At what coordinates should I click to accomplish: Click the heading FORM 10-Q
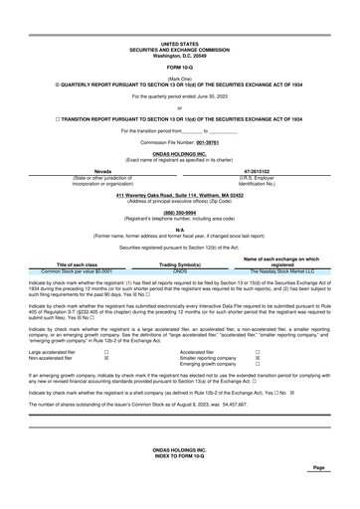point(180,67)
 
